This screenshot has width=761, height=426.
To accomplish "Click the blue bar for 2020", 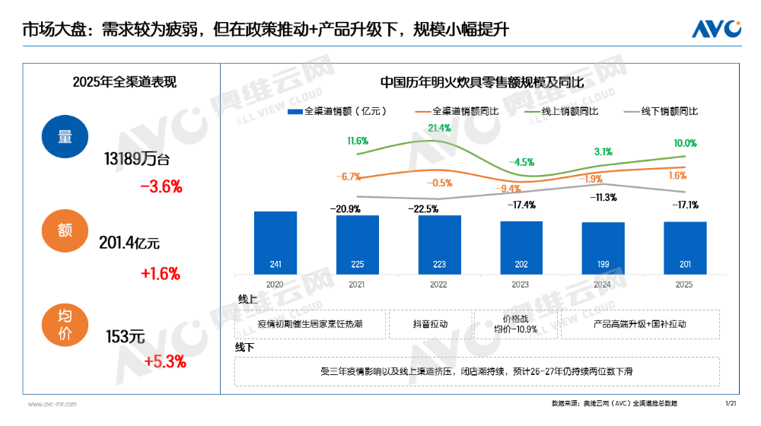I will click(275, 243).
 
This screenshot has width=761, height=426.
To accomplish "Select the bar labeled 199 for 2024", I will click(603, 248).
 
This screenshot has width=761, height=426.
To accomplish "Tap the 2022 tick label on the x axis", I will click(438, 284).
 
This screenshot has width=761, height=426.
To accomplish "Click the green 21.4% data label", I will click(440, 128).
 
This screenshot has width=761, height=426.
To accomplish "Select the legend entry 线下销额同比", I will click(660, 111).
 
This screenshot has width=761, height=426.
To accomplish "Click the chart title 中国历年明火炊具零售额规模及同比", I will click(482, 82).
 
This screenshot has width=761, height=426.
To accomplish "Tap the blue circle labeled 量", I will click(65, 137).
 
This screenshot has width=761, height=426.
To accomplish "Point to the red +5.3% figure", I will click(164, 361).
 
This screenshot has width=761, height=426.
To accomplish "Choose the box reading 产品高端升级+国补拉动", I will click(639, 323).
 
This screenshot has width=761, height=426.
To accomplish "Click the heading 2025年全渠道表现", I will click(124, 82).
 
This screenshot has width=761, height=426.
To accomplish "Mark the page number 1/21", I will click(731, 402).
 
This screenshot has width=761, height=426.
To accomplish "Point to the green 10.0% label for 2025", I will click(685, 143).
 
